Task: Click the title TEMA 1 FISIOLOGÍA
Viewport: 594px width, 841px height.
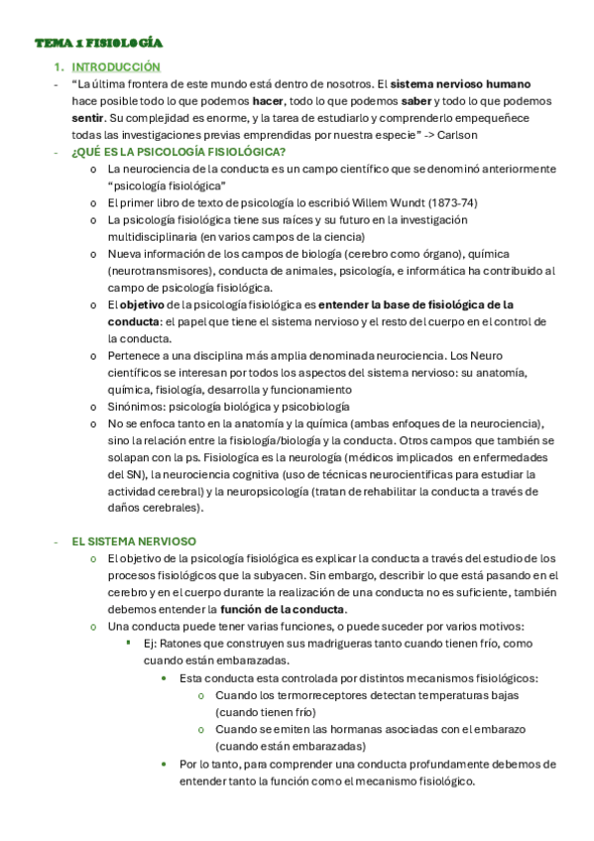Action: coord(98,44)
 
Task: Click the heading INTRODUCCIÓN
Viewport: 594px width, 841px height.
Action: coord(116,66)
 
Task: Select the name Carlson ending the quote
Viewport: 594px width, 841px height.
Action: coord(455,135)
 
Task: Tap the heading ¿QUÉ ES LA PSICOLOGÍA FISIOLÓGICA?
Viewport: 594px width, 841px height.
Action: coord(178,152)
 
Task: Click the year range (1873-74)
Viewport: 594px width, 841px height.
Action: coord(451,202)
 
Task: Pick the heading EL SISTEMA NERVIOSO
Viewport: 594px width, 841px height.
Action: coord(134,541)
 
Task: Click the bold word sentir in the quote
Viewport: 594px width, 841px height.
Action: coord(88,118)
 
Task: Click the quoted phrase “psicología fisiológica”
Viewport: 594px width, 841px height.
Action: coord(167,185)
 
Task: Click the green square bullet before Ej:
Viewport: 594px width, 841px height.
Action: coord(129,643)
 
